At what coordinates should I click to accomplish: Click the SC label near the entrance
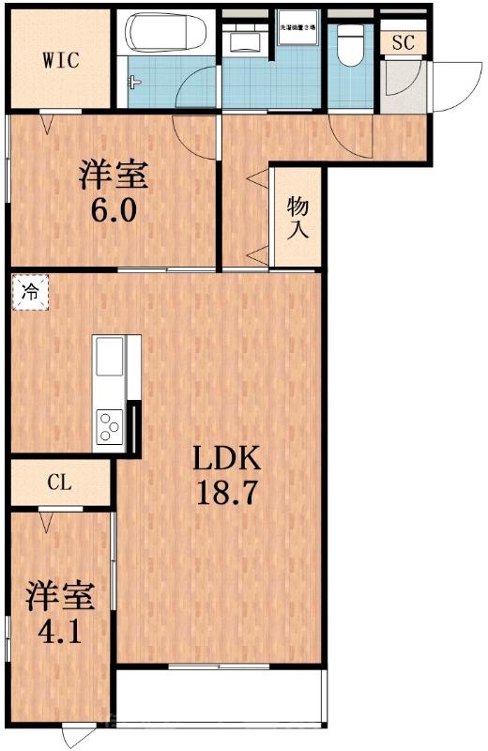(404, 42)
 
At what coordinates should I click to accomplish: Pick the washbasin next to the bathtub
(245, 39)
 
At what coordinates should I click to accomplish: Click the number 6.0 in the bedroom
(114, 209)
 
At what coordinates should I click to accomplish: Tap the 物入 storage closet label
(297, 217)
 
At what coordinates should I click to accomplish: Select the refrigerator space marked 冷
(29, 292)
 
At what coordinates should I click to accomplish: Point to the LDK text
(226, 459)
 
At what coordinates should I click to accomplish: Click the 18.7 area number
(226, 494)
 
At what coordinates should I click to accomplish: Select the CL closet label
(59, 483)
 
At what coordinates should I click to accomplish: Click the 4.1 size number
(60, 628)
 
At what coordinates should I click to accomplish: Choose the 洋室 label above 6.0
(114, 175)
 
